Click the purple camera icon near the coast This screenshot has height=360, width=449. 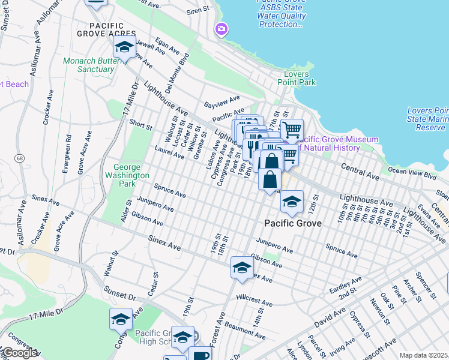click(x=221, y=29)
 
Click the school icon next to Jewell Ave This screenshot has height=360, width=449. click(x=124, y=48)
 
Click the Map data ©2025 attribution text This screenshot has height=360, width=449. click(x=423, y=355)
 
